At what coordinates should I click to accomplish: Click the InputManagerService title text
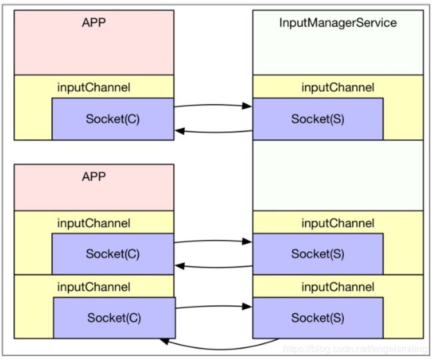338,23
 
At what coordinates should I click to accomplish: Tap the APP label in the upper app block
94,23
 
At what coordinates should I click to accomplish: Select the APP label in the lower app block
94,177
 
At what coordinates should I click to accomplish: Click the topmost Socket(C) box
113,119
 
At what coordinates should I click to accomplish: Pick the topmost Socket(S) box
318,119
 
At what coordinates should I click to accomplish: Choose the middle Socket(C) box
113,254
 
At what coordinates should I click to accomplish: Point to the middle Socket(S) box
318,254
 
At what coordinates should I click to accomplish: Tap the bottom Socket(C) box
115,318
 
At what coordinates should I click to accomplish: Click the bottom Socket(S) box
318,318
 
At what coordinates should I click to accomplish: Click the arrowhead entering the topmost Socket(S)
247,106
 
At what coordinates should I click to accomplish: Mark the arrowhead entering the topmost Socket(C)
180,131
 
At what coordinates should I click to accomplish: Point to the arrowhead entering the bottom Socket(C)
165,341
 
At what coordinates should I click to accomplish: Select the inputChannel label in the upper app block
94,87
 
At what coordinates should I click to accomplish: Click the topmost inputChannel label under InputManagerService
338,87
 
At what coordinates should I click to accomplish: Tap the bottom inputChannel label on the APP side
94,287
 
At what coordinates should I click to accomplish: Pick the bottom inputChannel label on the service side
338,287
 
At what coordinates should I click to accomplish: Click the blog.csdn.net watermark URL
355,349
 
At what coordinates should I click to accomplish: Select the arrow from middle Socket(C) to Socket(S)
213,241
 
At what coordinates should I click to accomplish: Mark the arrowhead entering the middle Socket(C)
180,267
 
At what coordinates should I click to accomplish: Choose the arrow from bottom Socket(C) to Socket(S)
214,306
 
